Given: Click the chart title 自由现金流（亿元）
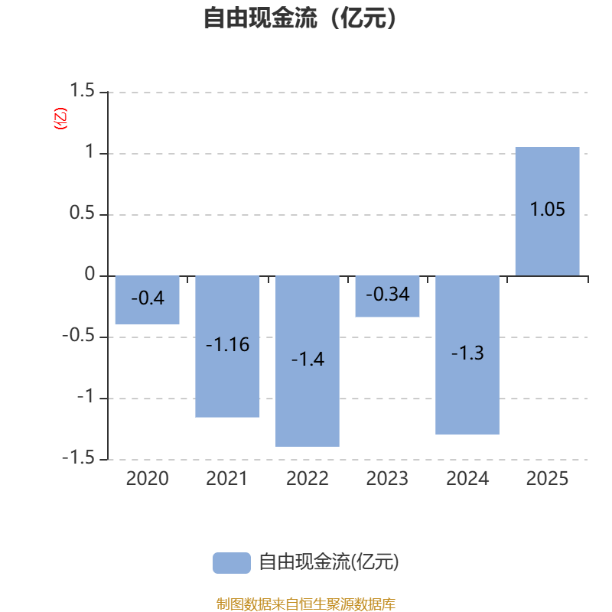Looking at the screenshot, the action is pos(300,18).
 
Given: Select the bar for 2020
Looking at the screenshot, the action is pos(147,300).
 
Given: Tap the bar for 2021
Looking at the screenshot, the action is pos(227,347).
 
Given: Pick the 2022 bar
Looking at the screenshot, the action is pos(308,361).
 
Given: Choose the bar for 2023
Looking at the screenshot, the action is pos(387,296).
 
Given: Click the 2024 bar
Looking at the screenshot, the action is pos(467,355).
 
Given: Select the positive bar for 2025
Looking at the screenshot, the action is pos(547,211).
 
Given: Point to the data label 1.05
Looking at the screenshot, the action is pos(547,209).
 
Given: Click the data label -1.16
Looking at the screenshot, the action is pos(227,345).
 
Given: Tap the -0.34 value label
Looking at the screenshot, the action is pos(388,295).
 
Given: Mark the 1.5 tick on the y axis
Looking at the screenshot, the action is pos(82,90).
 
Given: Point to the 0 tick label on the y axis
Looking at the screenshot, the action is pos(90,274).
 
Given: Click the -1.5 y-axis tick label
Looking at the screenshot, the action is pos(79,457).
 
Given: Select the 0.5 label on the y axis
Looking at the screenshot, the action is pos(82,213).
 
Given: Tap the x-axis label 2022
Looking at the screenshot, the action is pos(308,479).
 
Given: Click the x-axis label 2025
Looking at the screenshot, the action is pos(547,479).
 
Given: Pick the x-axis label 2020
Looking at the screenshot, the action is pos(147,479).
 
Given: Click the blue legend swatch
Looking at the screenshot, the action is pos(232,563).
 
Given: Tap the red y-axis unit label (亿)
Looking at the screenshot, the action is pos(60,119).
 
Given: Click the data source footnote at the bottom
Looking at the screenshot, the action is pos(305,604).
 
